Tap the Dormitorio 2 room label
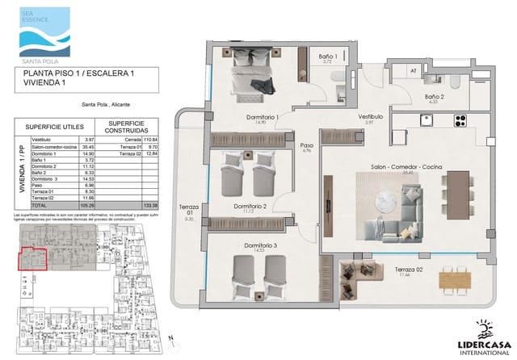(250, 207)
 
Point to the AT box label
(413, 71)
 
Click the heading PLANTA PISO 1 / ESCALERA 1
(74, 73)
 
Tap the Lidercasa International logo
(485, 339)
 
